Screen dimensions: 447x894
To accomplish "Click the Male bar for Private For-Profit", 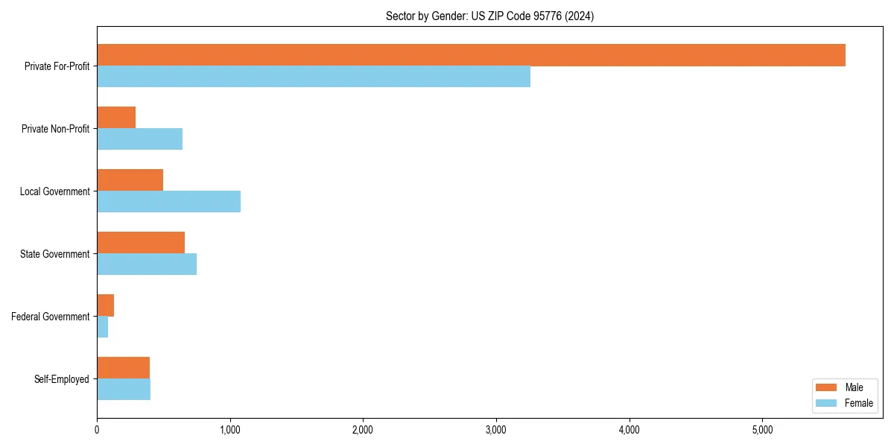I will [x=471, y=55].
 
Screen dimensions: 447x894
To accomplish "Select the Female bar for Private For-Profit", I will [x=314, y=77].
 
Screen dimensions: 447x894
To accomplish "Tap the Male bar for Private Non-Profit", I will [x=116, y=118].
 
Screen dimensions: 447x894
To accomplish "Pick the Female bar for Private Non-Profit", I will [x=139, y=139].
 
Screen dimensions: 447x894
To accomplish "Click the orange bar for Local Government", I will [x=130, y=180].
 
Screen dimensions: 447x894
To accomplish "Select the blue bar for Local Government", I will [x=168, y=202].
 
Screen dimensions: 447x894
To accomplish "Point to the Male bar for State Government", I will [x=141, y=243].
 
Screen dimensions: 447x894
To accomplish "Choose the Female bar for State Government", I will [x=147, y=264].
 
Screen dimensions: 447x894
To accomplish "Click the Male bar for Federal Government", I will [x=105, y=305].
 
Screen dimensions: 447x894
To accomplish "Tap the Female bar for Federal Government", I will [x=103, y=327].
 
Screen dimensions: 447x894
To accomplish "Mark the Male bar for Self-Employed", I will [x=123, y=368].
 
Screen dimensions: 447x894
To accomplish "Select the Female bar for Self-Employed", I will [x=124, y=390].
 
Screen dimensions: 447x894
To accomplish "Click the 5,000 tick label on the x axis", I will [x=762, y=430].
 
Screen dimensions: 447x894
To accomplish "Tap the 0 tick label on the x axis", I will [x=97, y=430].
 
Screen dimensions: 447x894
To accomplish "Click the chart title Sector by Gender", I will [x=489, y=16].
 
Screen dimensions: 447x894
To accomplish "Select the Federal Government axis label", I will [x=50, y=317].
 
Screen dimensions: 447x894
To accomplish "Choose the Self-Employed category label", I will [x=61, y=379].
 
